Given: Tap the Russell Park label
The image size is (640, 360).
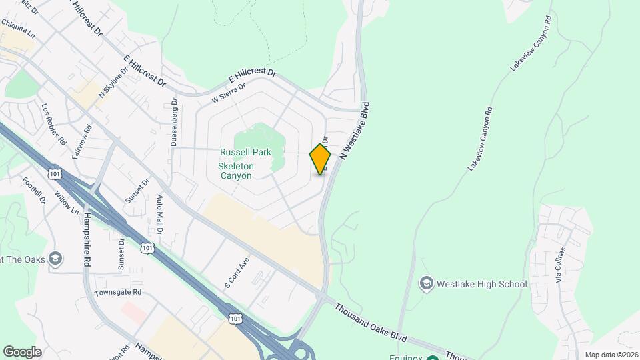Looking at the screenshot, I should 247,152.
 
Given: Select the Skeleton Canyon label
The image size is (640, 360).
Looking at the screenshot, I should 236,171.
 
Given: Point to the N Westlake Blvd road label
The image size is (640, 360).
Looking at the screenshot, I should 354,131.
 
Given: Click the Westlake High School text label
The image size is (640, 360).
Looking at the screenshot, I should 481,284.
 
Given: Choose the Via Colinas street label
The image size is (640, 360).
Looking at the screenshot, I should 561,265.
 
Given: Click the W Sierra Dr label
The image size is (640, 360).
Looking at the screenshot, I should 228,93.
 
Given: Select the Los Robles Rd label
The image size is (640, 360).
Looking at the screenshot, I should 54,125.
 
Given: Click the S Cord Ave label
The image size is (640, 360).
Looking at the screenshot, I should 237,272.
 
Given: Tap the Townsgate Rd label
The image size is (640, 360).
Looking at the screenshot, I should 119,292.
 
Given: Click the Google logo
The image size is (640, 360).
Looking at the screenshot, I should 22,352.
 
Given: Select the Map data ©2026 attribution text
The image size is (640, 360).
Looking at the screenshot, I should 609,355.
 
